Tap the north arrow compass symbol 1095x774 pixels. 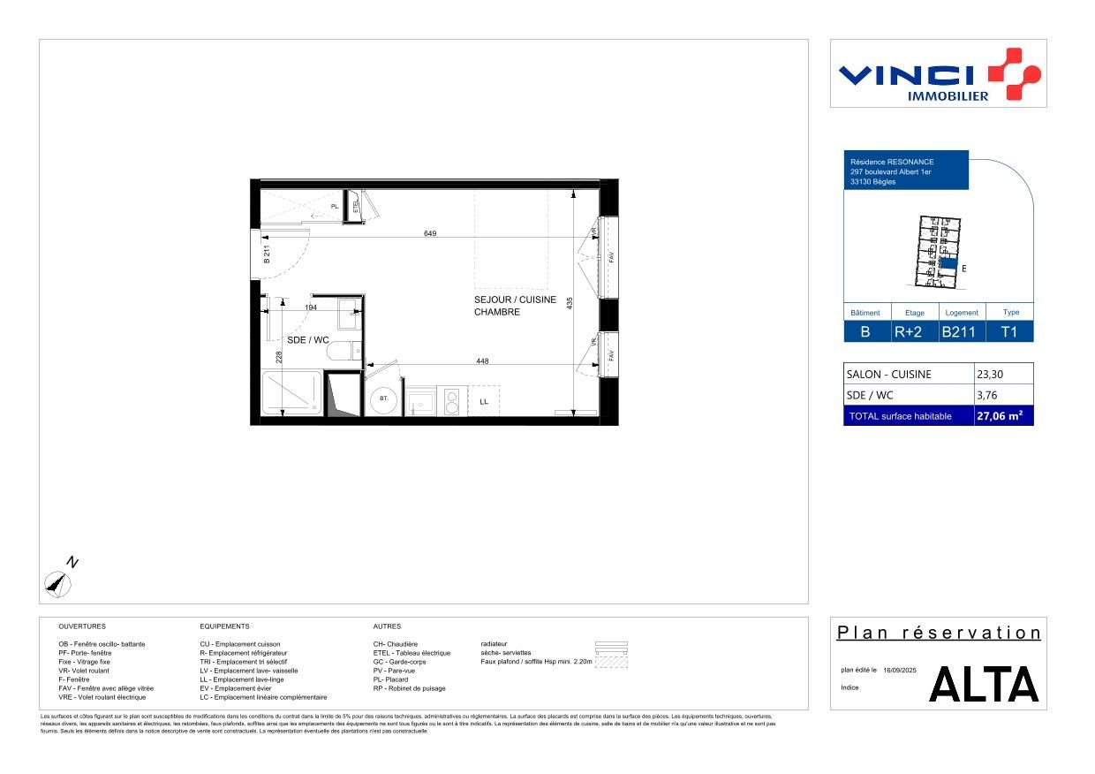pos(58,582)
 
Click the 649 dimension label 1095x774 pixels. pos(431,233)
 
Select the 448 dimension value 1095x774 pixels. pos(482,360)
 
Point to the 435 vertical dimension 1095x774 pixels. pos(570,302)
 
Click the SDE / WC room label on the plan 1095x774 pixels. pos(308,339)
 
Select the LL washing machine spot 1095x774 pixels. pos(484,401)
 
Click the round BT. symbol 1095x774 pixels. pos(384,399)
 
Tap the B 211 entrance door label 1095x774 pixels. pos(266,255)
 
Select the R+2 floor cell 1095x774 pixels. pos(910,332)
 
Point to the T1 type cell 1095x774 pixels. pos(1009,332)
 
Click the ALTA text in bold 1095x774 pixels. pos(984,685)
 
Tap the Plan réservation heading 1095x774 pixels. pos(939,633)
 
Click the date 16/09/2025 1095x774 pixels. pos(900,671)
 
